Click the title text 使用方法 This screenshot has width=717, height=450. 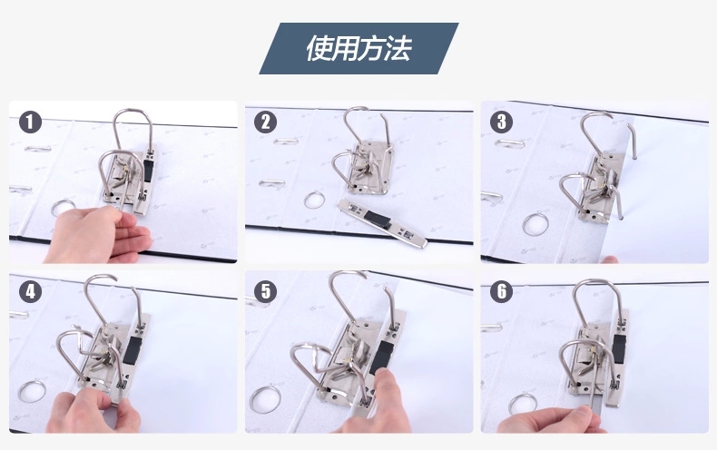pyautogui.click(x=359, y=48)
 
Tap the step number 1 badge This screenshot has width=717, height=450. pyautogui.click(x=31, y=122)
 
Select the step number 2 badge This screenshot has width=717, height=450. pyautogui.click(x=265, y=122)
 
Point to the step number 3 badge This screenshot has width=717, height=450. pyautogui.click(x=502, y=122)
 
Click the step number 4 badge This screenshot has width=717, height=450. pyautogui.click(x=31, y=291)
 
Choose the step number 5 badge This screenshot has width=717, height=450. pyautogui.click(x=266, y=291)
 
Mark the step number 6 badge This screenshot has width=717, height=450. pyautogui.click(x=502, y=291)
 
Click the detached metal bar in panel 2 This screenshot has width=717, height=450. pyautogui.click(x=382, y=223)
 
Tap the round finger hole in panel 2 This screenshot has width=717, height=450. pyautogui.click(x=315, y=200)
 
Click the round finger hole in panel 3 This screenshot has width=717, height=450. pyautogui.click(x=535, y=224)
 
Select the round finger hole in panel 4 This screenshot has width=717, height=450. pyautogui.click(x=32, y=392)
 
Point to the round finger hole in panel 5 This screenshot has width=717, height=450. pyautogui.click(x=266, y=399)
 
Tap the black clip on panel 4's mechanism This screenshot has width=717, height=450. pyautogui.click(x=132, y=350)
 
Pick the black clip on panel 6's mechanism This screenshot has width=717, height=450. pyautogui.click(x=618, y=348)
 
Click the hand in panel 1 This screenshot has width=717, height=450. pyautogui.click(x=98, y=235)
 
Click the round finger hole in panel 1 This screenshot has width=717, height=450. pyautogui.click(x=64, y=208)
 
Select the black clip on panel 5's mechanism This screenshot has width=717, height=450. pyautogui.click(x=381, y=357)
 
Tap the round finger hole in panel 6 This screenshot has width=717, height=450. pyautogui.click(x=523, y=404)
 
